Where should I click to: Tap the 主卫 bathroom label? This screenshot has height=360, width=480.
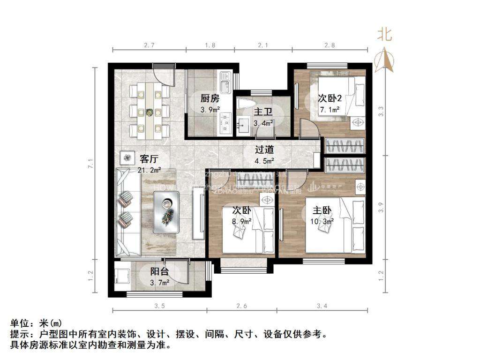[261, 112]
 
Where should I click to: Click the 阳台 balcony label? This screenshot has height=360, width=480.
[159, 272]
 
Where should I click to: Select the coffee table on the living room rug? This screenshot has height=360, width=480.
[167, 214]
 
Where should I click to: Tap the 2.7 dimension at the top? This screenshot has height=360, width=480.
[149, 45]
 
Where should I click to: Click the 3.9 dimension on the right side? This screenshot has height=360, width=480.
[381, 204]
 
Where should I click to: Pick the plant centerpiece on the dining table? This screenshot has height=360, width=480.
[150, 112]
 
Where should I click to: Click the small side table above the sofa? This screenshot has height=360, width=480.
[126, 158]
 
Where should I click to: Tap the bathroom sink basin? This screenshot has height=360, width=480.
[244, 124]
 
